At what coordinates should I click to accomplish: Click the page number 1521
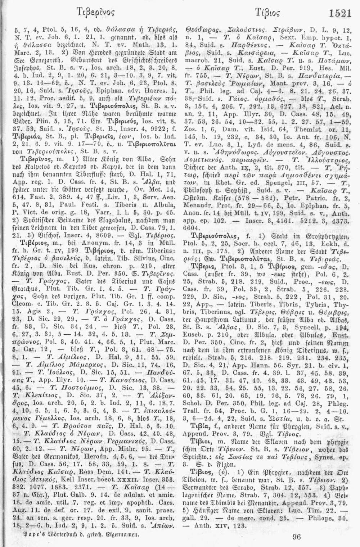[x=340, y=13]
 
